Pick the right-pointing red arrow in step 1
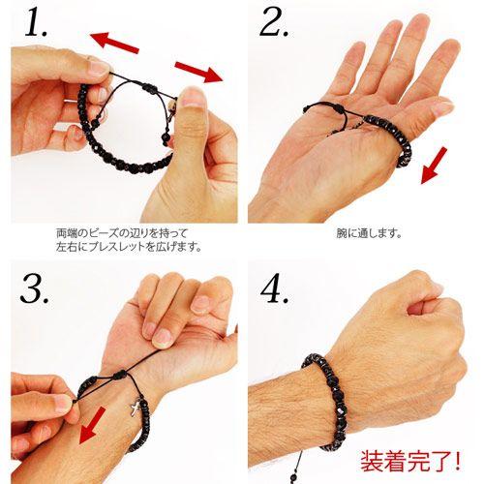(x=197, y=70)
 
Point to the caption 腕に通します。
(x=369, y=233)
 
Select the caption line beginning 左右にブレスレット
(x=129, y=247)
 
